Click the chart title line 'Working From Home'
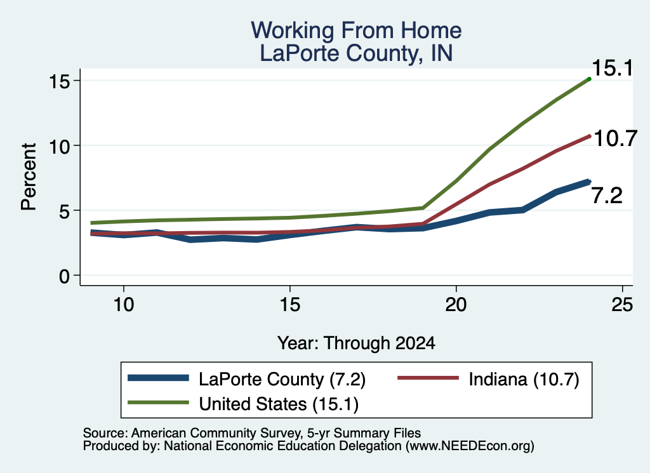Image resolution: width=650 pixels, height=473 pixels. click(x=356, y=30)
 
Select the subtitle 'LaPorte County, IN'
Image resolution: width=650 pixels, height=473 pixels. click(x=356, y=53)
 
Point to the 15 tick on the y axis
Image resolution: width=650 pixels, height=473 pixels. click(x=59, y=81)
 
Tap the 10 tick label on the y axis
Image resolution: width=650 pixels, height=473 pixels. click(x=59, y=146)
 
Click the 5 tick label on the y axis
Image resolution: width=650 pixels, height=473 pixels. click(x=64, y=211)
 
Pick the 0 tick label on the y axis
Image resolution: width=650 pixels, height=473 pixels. click(x=64, y=276)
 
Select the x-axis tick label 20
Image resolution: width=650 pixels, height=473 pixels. click(x=456, y=305)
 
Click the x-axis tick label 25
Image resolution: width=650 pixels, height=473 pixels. click(x=622, y=305)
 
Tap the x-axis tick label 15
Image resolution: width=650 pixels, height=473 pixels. click(x=289, y=305)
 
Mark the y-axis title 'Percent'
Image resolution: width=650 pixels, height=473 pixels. click(x=29, y=177)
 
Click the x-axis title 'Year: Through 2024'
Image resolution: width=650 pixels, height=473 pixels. click(x=356, y=343)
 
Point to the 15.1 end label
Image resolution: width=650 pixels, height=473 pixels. click(x=613, y=68)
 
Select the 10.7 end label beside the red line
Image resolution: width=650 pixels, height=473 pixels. click(x=615, y=138)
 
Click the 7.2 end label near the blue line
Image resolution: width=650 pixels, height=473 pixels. click(x=607, y=196)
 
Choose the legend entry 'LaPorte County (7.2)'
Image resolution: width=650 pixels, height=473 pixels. click(x=282, y=379)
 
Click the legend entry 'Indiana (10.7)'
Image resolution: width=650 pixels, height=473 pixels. click(x=524, y=379)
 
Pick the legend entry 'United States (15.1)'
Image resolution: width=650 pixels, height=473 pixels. click(x=279, y=404)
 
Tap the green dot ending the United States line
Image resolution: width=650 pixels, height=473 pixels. click(x=589, y=79)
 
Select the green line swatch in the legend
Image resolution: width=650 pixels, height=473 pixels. click(x=158, y=403)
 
